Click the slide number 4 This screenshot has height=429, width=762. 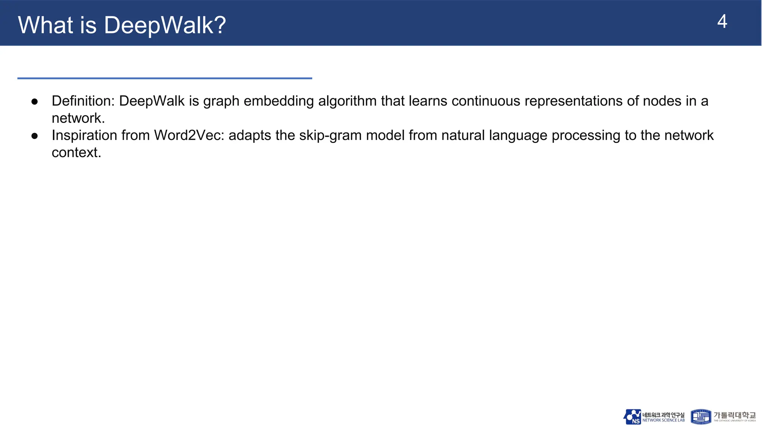pyautogui.click(x=722, y=22)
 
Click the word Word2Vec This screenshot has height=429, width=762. pyautogui.click(x=189, y=135)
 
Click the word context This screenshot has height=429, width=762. pyautogui.click(x=76, y=152)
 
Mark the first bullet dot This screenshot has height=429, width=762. pyautogui.click(x=35, y=102)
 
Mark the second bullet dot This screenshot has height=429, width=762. pyautogui.click(x=35, y=136)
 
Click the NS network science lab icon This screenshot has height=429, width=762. pyautogui.click(x=632, y=417)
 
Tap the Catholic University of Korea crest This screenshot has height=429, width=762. pyautogui.click(x=701, y=417)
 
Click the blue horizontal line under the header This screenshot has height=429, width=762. pyautogui.click(x=164, y=78)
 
